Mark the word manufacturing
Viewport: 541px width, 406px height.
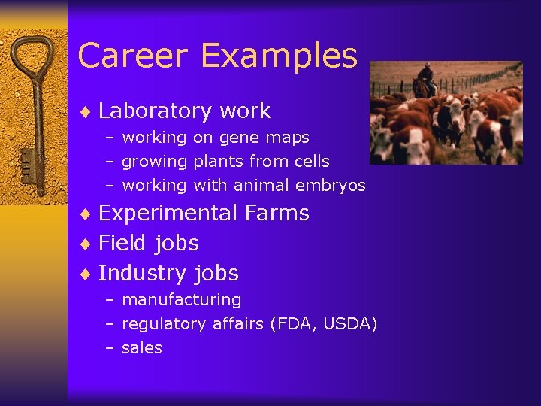pyautogui.click(x=181, y=300)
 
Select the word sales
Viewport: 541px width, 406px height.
pyautogui.click(x=141, y=348)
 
